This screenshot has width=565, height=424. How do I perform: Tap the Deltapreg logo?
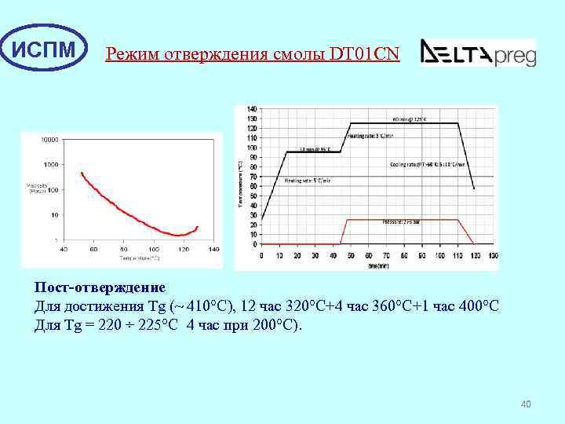(478, 52)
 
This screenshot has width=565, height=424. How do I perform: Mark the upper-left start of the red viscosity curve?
(82, 173)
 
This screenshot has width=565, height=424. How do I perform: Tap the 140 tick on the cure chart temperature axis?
(251, 108)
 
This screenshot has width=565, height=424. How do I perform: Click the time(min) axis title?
(379, 266)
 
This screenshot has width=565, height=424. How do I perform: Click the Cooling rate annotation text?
(428, 165)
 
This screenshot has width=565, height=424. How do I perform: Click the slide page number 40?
(526, 404)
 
